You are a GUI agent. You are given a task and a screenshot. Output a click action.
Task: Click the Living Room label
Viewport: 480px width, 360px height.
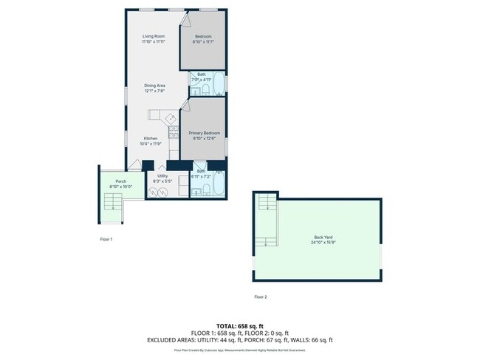pos(154,36)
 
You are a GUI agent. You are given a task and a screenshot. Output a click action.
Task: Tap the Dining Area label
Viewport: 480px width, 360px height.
pos(154,86)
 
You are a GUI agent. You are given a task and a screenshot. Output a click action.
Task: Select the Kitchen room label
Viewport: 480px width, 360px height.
pos(151,139)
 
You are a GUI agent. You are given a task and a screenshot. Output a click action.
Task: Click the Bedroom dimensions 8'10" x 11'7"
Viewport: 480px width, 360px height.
pos(203,42)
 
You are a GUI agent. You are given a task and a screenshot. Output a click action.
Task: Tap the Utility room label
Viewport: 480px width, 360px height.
pos(162,176)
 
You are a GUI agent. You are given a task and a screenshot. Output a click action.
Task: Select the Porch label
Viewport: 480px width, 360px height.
pos(120,181)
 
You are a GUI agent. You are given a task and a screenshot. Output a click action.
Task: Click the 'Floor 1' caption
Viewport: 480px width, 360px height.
pos(106,239)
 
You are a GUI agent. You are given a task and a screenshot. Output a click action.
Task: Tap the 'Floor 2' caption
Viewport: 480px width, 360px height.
pos(260,297)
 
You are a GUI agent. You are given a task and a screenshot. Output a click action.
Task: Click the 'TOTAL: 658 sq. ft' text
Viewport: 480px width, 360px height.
pos(240,325)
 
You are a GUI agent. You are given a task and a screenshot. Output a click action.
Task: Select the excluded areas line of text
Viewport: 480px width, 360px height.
pos(240,340)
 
